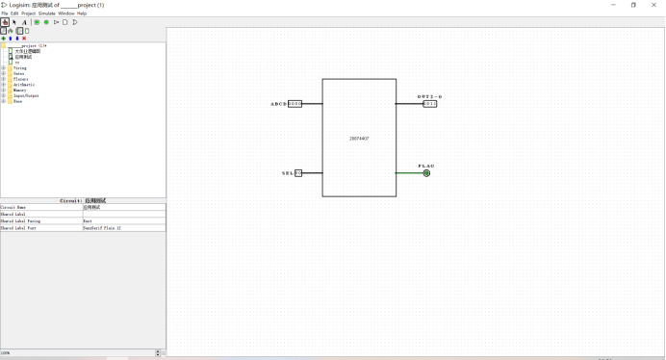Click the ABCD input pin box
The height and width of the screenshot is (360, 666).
[295, 103]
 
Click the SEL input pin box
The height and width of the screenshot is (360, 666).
[298, 173]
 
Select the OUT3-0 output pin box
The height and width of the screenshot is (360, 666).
[429, 103]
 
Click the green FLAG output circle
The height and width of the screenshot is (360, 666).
[426, 173]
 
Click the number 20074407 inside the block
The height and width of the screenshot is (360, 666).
[359, 139]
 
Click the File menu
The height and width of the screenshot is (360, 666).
[5, 13]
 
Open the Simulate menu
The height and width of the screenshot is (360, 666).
[46, 13]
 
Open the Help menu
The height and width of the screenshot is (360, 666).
[82, 13]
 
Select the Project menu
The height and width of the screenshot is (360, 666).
[29, 13]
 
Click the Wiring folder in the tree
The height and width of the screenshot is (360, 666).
[20, 68]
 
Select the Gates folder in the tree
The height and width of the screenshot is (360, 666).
[19, 73]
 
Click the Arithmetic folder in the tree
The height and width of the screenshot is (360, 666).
[24, 85]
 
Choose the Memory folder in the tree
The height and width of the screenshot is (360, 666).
[20, 90]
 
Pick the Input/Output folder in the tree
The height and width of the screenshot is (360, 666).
[26, 96]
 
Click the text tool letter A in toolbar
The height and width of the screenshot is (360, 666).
[24, 22]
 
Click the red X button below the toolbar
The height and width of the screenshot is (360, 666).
[24, 39]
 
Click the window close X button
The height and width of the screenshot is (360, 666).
[654, 5]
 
